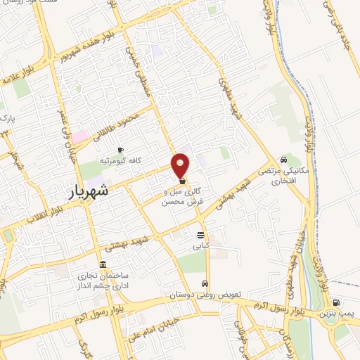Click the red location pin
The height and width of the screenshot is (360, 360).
pos(181,165)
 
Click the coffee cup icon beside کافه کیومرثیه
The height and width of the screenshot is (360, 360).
pos(120,150)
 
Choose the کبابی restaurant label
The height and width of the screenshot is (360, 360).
pos(201,247)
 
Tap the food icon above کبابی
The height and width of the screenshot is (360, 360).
pos(201,236)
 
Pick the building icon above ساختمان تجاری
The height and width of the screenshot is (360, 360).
pos(103,264)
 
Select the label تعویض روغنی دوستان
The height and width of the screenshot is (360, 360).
pos(204,295)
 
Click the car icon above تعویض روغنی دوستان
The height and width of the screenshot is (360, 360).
pos(204,284)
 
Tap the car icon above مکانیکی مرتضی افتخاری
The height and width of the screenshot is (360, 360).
pos(283,159)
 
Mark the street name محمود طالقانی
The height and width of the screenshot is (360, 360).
pos(124,123)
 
